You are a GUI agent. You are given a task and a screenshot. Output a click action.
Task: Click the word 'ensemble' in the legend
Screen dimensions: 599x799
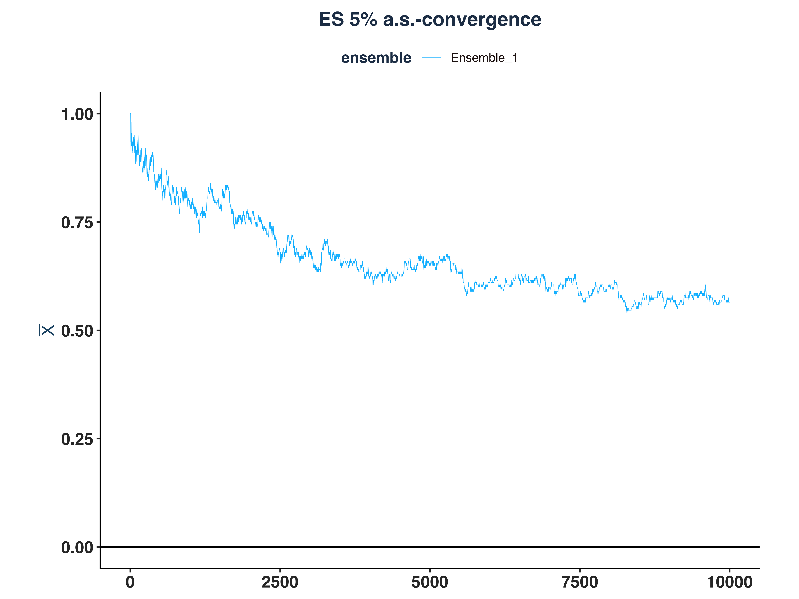click(x=376, y=58)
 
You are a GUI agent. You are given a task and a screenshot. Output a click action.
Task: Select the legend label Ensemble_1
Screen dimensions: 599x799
click(x=484, y=58)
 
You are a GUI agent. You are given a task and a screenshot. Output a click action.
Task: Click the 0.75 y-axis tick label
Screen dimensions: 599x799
click(x=77, y=223)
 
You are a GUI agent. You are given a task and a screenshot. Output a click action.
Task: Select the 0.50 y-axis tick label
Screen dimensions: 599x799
click(x=77, y=331)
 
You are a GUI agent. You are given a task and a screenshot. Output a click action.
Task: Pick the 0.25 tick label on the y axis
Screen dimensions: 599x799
click(x=77, y=439)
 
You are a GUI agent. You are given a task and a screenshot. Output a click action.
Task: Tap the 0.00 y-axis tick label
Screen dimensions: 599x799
click(x=77, y=548)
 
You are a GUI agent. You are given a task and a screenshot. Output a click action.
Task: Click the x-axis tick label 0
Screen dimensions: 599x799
click(x=130, y=582)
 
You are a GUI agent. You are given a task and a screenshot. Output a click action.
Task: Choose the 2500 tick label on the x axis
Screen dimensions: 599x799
click(x=280, y=582)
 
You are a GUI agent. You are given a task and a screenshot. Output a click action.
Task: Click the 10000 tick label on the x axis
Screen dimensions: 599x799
click(x=729, y=582)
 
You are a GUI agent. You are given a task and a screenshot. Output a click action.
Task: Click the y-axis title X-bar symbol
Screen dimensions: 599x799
click(x=46, y=330)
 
